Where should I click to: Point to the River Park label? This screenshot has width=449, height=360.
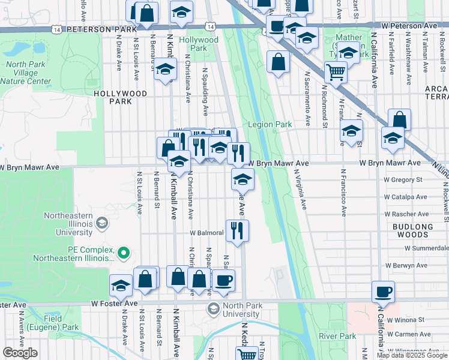333,336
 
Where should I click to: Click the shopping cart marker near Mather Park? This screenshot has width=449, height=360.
336,73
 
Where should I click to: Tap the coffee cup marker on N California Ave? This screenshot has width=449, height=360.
383,292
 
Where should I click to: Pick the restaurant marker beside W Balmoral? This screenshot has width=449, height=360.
238,231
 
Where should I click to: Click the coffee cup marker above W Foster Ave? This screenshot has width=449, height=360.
223,280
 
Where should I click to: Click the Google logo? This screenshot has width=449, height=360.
20,353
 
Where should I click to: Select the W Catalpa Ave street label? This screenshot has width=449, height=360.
405,196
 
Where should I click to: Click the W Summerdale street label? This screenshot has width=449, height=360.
426,247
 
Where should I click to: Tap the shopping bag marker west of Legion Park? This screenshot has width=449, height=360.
278,62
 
